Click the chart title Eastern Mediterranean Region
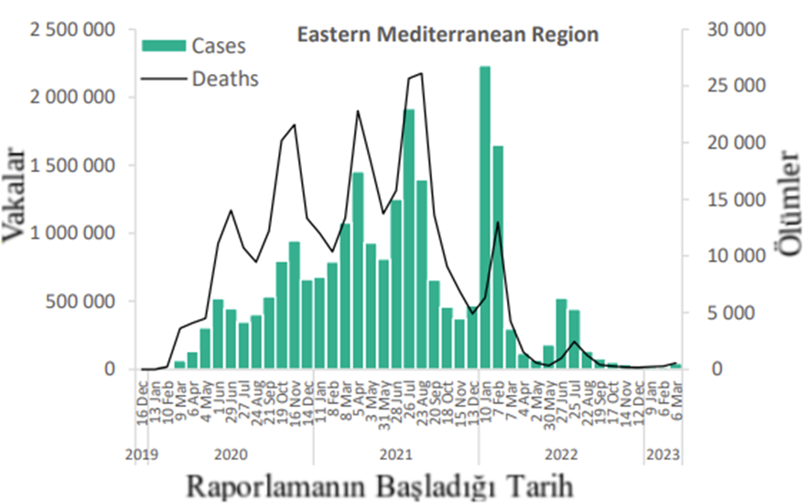(x=448, y=36)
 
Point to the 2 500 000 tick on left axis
(x=72, y=30)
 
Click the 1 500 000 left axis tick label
(x=72, y=166)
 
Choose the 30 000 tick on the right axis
(x=738, y=30)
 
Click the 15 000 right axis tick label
(x=738, y=200)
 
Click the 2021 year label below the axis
(x=395, y=454)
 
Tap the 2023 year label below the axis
(x=663, y=454)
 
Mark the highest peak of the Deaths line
(x=421, y=74)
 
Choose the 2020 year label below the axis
(x=232, y=454)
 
